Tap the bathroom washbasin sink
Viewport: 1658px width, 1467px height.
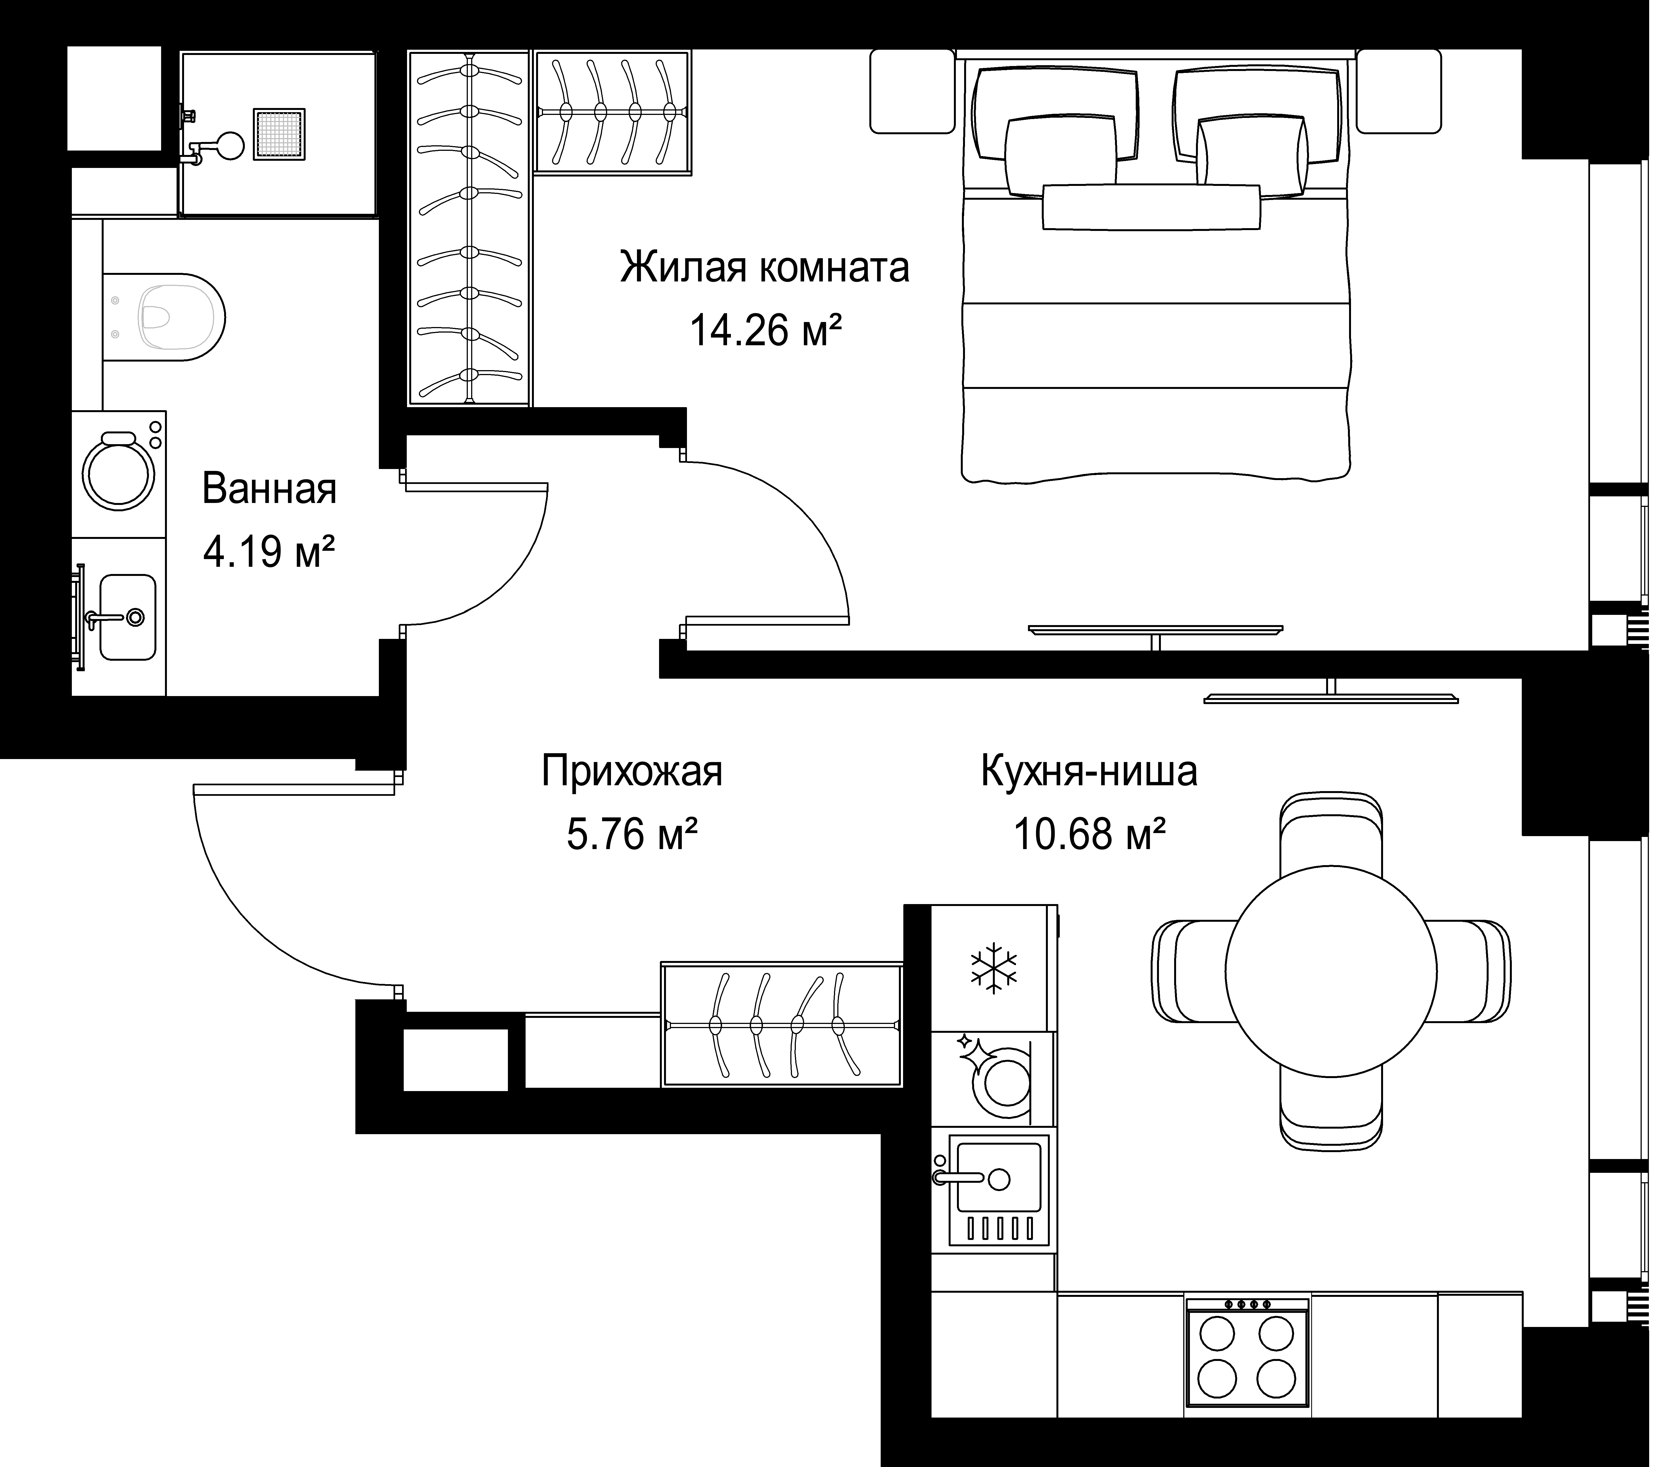[127, 617]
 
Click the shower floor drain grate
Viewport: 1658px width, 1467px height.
[279, 134]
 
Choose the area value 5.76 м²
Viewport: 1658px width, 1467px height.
[632, 834]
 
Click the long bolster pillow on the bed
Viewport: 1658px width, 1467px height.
[1151, 208]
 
